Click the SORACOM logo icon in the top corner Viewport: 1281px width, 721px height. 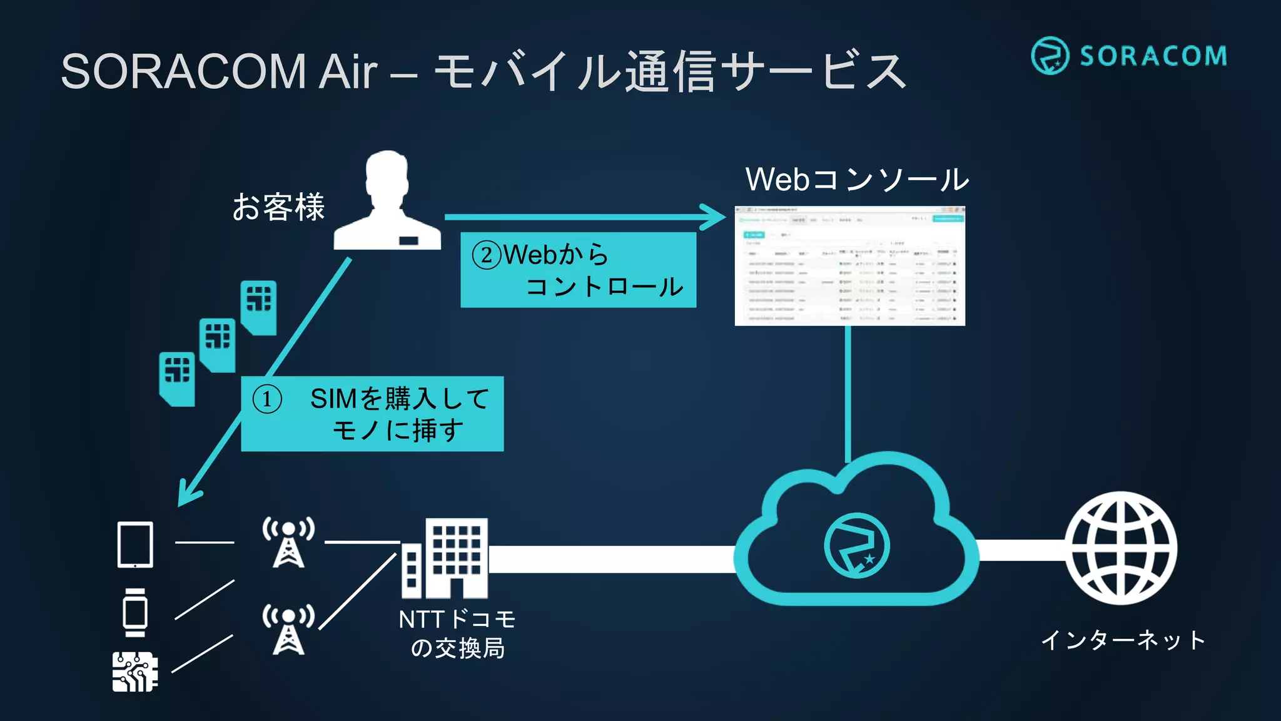(x=1050, y=56)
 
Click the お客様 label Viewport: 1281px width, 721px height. (x=278, y=207)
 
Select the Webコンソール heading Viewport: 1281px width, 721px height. (x=857, y=180)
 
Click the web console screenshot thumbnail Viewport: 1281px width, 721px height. (x=849, y=266)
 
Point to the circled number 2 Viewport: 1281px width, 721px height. (x=487, y=255)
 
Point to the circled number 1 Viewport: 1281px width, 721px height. (x=267, y=399)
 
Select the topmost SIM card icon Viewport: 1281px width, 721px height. (x=259, y=307)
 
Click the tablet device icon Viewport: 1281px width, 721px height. (x=135, y=545)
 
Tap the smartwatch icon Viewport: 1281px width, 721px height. (x=135, y=612)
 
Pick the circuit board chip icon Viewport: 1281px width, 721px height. (x=135, y=672)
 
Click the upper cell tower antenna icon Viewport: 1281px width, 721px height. (x=288, y=542)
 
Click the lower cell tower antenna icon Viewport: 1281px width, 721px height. (x=288, y=629)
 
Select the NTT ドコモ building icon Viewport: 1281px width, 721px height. (x=445, y=558)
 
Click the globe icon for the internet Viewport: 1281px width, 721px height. (x=1121, y=548)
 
